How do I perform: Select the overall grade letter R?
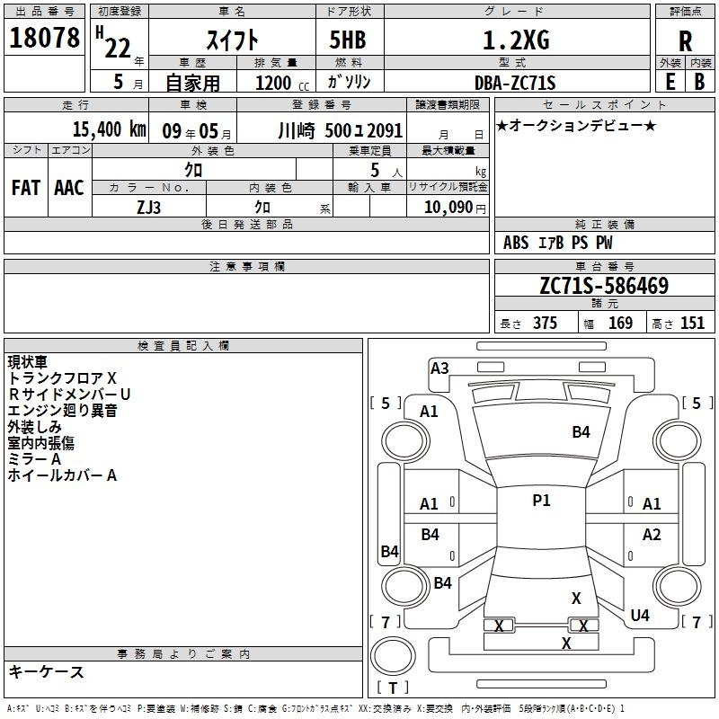[x=685, y=41]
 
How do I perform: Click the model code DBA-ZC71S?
[x=515, y=83]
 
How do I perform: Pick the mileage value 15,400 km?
[x=107, y=129]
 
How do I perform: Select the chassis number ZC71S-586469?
[x=603, y=286]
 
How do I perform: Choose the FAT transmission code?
[x=26, y=188]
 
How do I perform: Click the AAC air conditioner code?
[x=69, y=188]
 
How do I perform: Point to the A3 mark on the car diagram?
[x=439, y=368]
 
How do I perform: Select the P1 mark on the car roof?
[x=541, y=502]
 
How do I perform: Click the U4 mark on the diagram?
[x=640, y=616]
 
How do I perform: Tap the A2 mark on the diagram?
[x=652, y=535]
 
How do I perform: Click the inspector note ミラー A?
[x=35, y=459]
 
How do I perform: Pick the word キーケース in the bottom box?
[x=46, y=672]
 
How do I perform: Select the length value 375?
[x=544, y=324]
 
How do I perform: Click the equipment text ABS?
[x=516, y=243]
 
